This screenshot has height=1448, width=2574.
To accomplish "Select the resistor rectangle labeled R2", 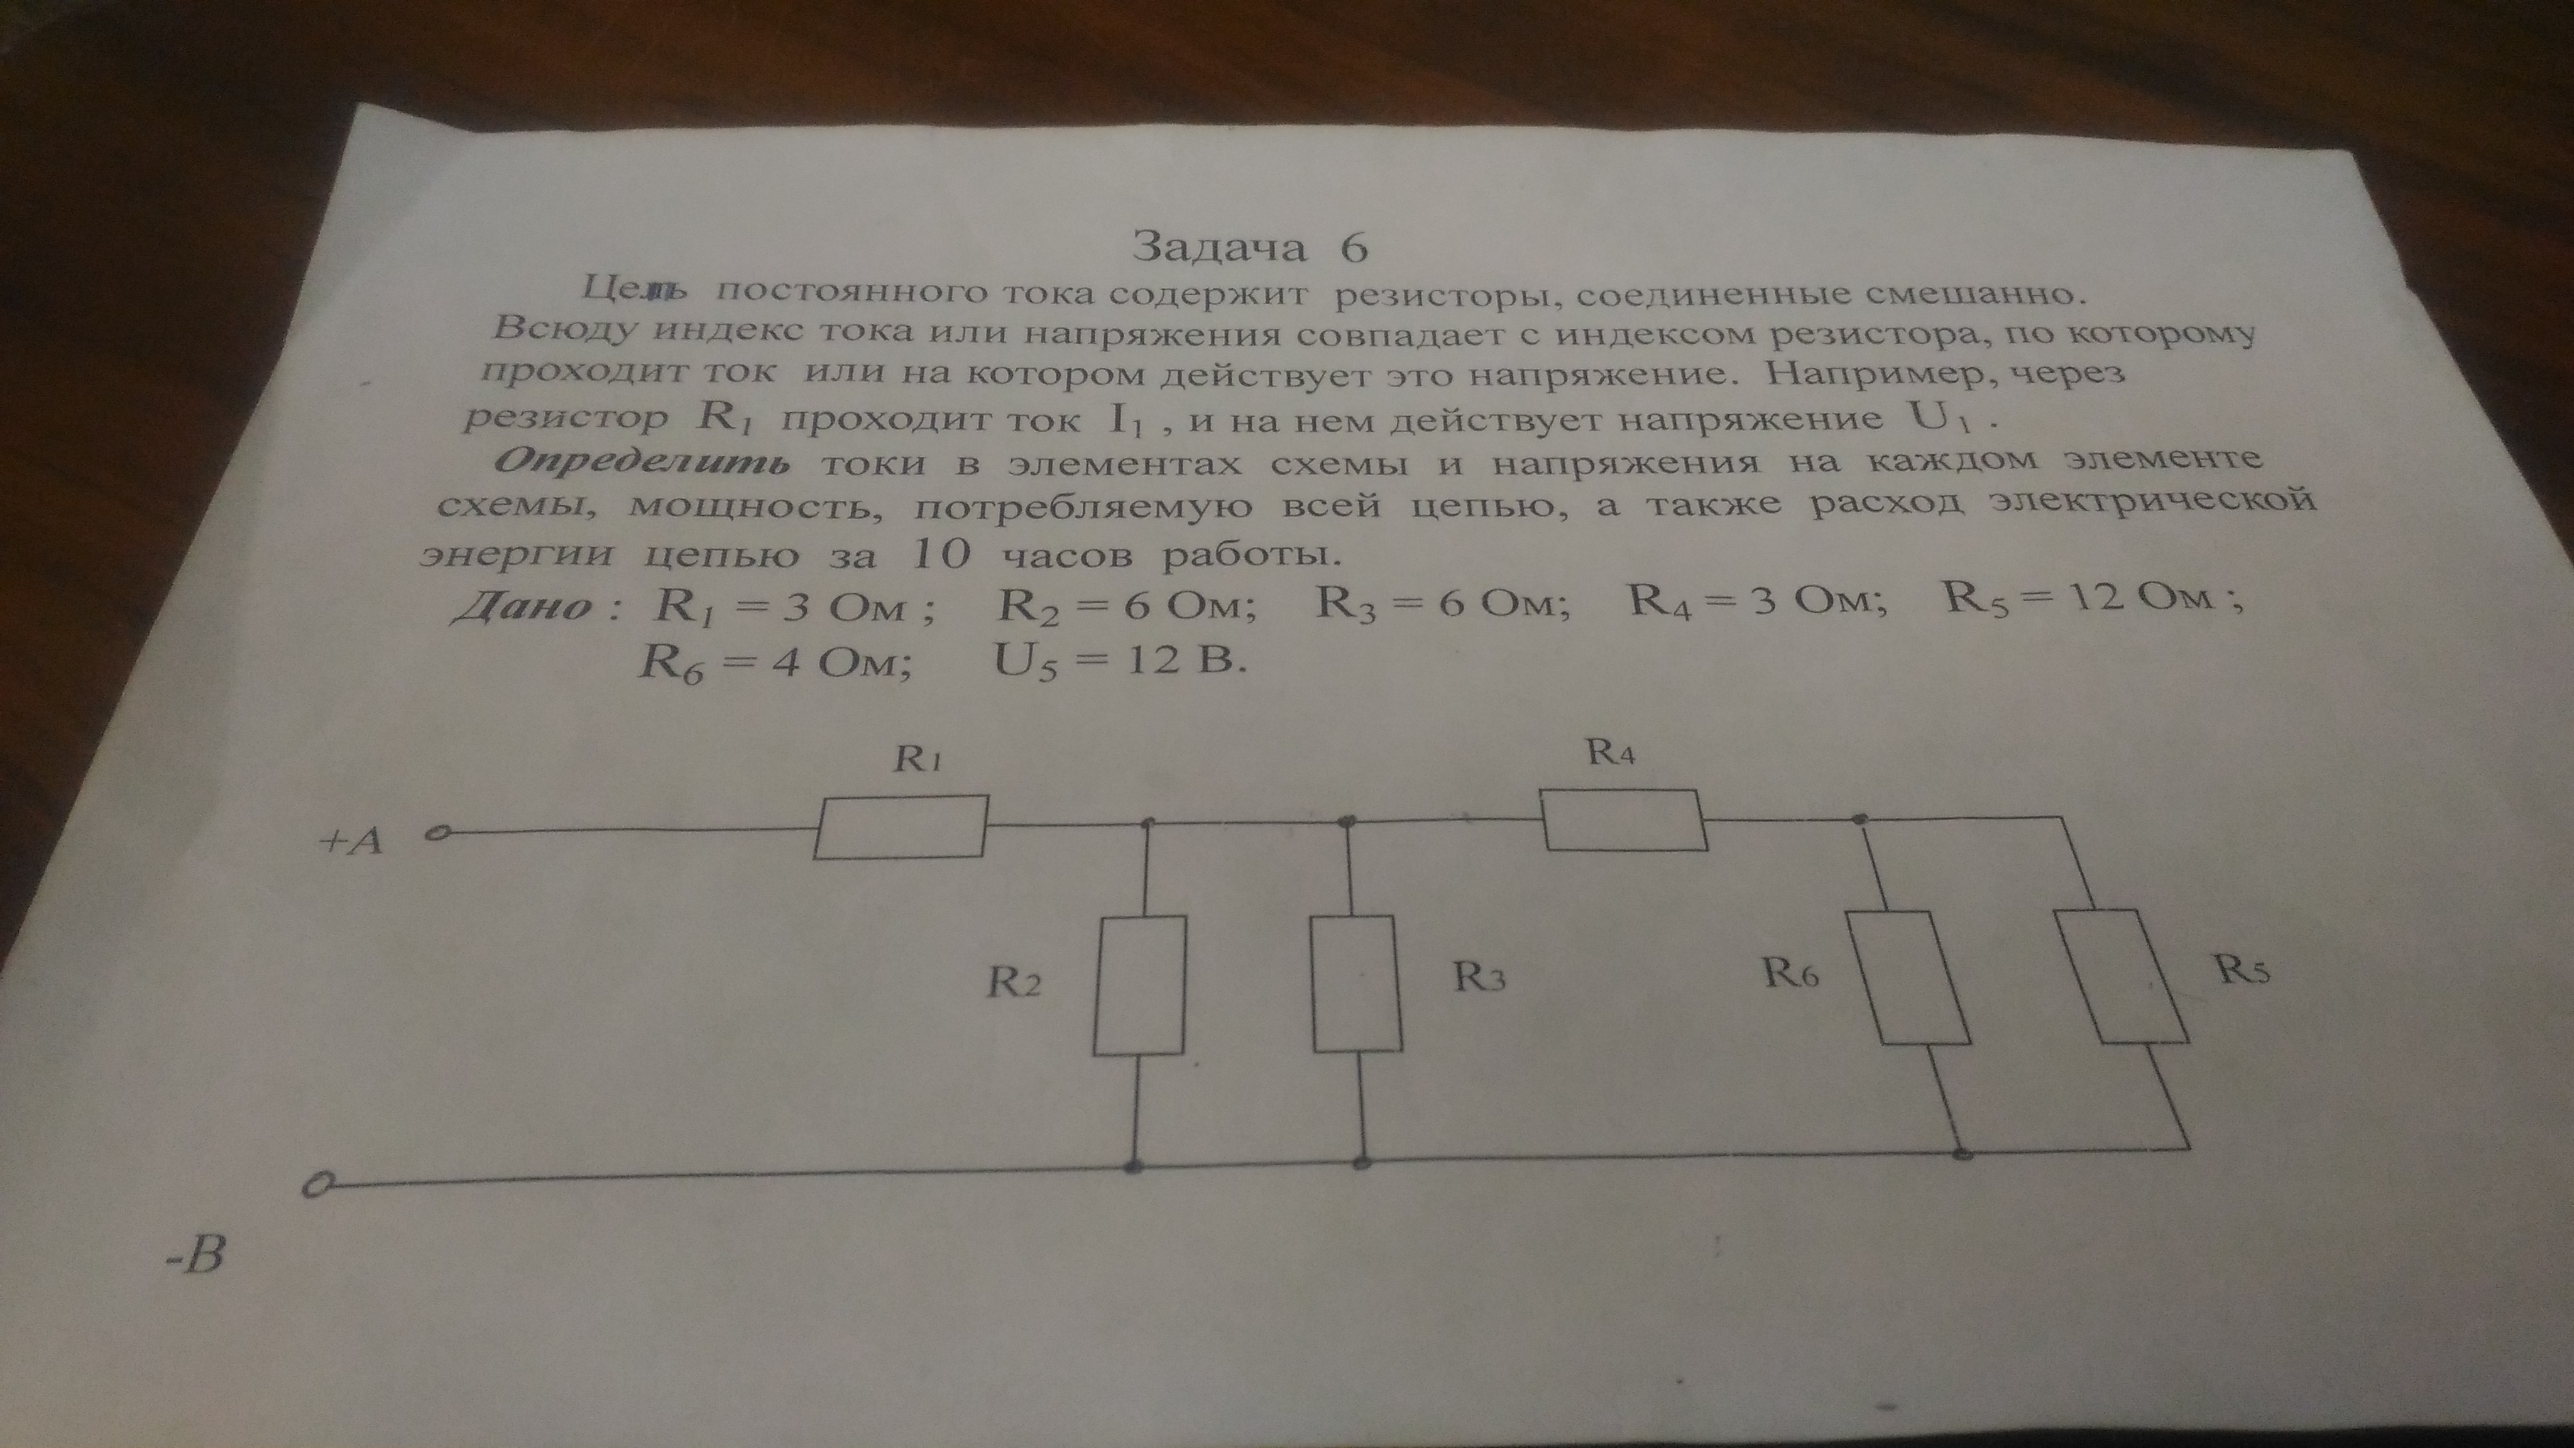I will [x=1140, y=986].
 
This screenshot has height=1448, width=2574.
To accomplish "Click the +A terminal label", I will [x=350, y=842].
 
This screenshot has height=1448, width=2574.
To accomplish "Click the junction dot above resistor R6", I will [x=1859, y=820].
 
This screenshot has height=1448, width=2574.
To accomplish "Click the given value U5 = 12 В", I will [x=1120, y=661].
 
